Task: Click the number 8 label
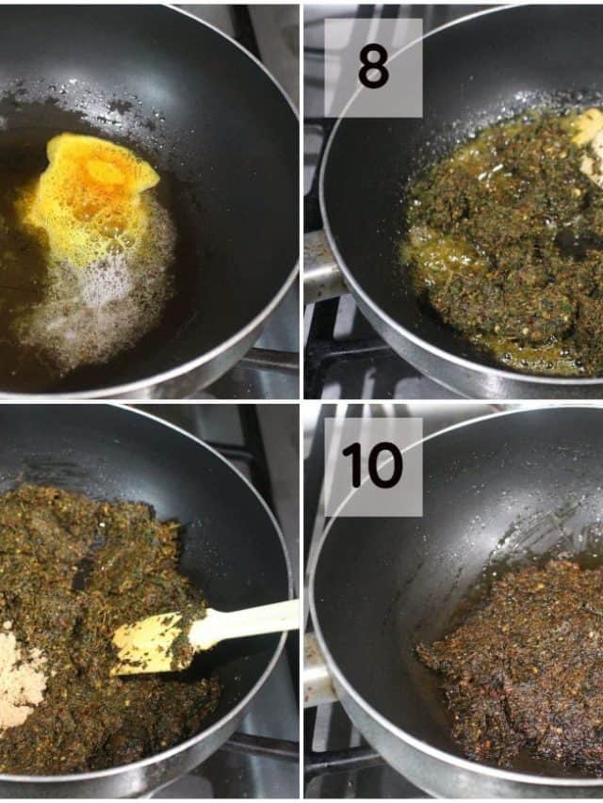point(373,66)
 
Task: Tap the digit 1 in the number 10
point(351,464)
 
